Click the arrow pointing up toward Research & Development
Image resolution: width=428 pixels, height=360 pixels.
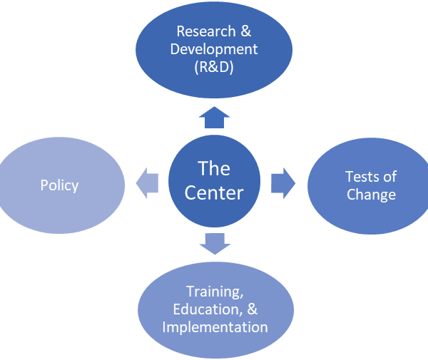[214, 118]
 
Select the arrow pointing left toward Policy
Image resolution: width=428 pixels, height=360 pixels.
[146, 185]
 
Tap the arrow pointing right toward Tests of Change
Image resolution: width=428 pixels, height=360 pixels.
[283, 183]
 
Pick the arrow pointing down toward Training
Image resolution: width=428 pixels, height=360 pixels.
[215, 244]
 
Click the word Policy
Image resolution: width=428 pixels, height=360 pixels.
[59, 185]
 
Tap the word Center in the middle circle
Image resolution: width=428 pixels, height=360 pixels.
[215, 192]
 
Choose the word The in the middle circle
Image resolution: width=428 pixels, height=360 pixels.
[214, 169]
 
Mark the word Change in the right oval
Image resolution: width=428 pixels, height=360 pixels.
[371, 194]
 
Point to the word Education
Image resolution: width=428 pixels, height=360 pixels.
[204, 309]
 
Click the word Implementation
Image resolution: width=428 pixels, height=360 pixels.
[215, 327]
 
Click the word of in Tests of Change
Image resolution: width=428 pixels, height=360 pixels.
[389, 177]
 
